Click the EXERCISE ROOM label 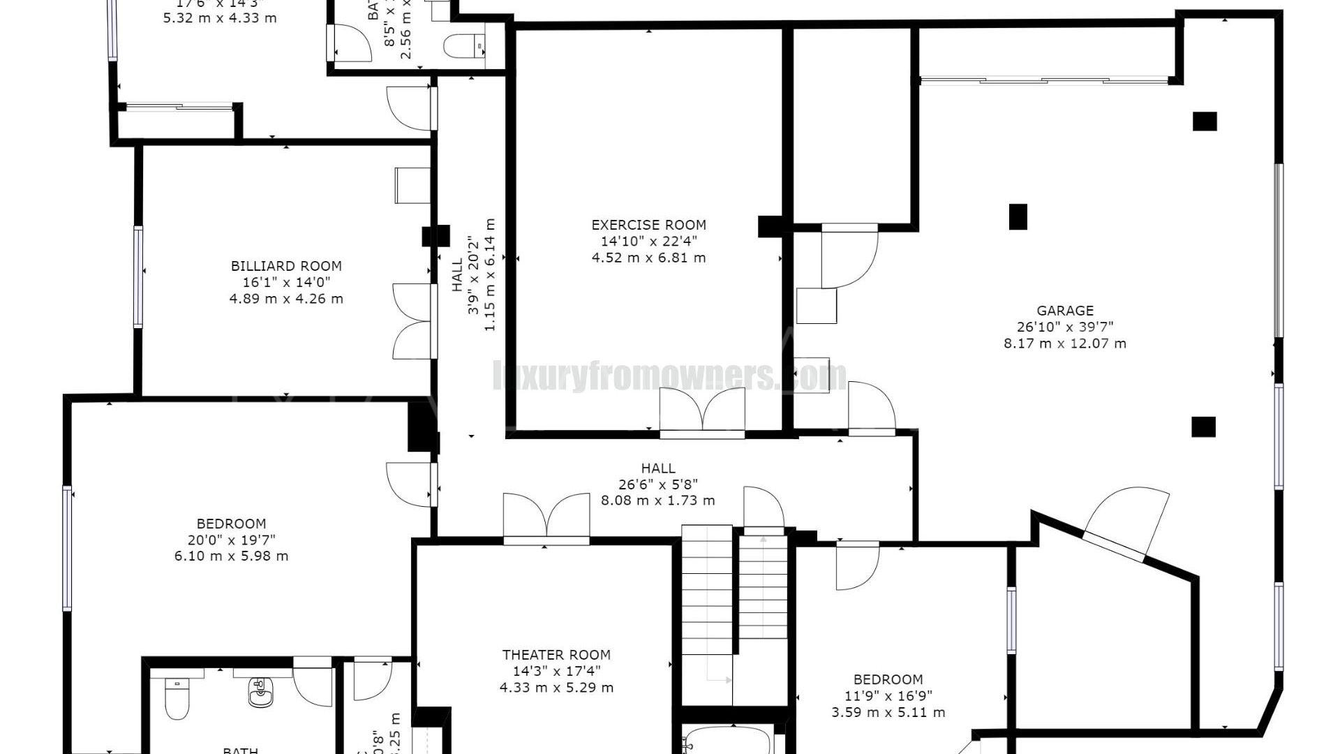648,225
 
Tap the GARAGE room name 1064,311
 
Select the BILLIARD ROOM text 286,266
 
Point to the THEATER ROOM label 556,655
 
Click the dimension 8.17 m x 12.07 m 1064,343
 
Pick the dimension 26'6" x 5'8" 657,484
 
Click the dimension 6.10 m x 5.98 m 231,556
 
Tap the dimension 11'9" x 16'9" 888,696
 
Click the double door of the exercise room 702,412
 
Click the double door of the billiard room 415,321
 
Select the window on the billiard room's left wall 138,276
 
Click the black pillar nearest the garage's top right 1204,121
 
